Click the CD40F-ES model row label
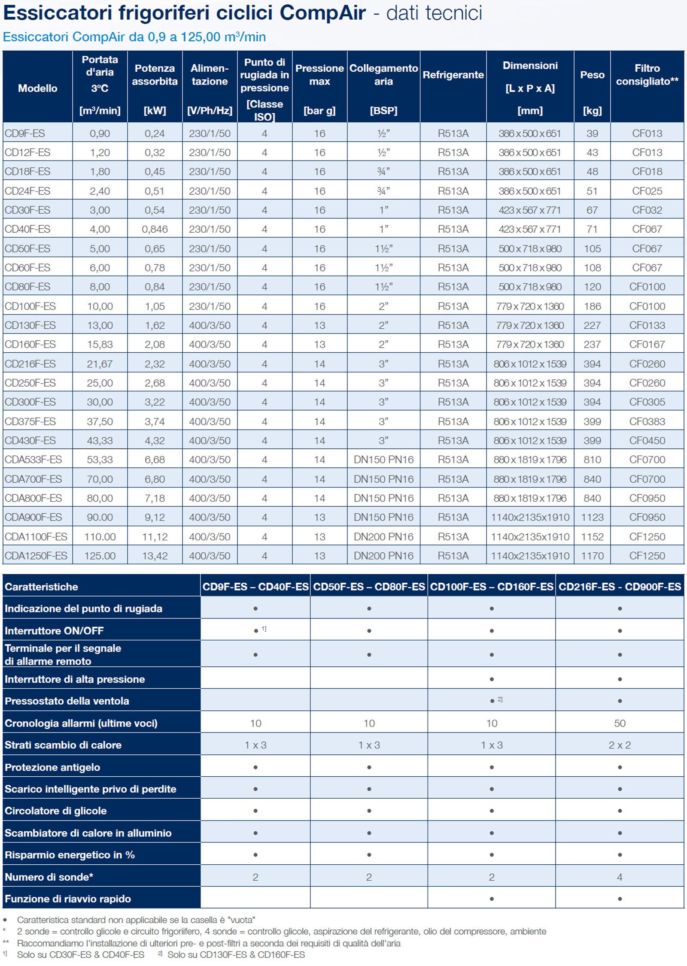click(x=27, y=229)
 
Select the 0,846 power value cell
click(x=155, y=229)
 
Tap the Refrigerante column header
click(x=453, y=75)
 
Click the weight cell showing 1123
click(x=592, y=517)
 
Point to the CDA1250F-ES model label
click(x=36, y=556)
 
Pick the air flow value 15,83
click(x=100, y=344)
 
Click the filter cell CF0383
click(x=647, y=421)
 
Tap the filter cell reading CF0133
click(x=647, y=325)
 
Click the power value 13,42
click(x=155, y=556)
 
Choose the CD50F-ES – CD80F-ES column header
click(x=369, y=587)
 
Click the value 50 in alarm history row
click(x=620, y=723)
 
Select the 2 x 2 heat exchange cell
click(x=620, y=745)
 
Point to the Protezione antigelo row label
click(x=52, y=767)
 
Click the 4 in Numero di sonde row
click(x=620, y=877)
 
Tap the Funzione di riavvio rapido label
click(x=68, y=899)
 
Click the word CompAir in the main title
click(x=323, y=13)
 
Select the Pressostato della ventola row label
click(x=67, y=701)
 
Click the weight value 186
click(x=592, y=306)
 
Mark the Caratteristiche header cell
click(x=41, y=587)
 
